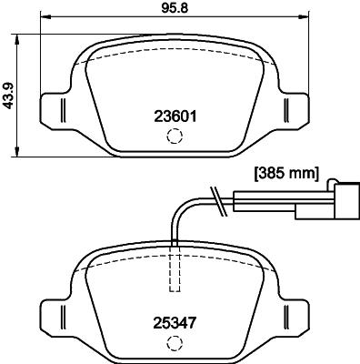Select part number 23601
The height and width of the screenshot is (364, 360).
pyautogui.click(x=173, y=116)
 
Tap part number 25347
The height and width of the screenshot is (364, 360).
pyautogui.click(x=173, y=321)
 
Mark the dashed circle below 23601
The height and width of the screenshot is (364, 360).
pyautogui.click(x=173, y=136)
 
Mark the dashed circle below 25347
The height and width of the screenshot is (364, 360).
pyautogui.click(x=173, y=343)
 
